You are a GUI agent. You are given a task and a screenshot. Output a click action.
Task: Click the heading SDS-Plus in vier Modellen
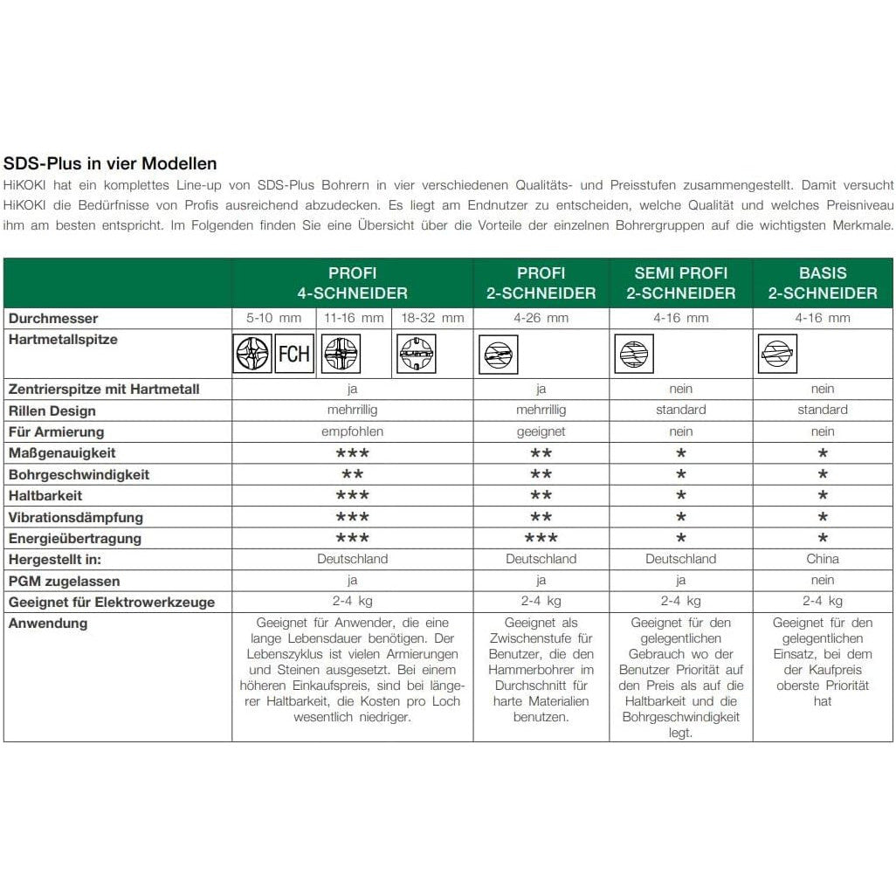click(110, 163)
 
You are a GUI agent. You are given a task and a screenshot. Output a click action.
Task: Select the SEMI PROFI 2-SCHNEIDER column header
click(680, 283)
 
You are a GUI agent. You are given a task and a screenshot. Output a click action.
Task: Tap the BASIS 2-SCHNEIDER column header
click(823, 283)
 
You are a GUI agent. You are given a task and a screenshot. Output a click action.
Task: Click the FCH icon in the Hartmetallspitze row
click(294, 354)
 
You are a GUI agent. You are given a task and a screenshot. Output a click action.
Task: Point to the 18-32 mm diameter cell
click(432, 318)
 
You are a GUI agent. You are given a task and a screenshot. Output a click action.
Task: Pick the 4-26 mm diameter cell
click(541, 318)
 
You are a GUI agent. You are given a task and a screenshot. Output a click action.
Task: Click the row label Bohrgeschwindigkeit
click(79, 475)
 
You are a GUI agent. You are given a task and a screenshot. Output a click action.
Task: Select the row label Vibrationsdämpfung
click(76, 518)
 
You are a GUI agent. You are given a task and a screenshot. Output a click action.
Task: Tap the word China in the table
click(823, 559)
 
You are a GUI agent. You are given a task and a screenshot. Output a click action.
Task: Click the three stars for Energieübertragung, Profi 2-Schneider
click(541, 539)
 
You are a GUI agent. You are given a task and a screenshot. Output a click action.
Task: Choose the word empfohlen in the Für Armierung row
click(353, 431)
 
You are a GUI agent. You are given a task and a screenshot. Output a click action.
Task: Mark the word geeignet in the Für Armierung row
click(541, 431)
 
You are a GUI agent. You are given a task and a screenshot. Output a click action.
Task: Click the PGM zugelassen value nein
click(823, 581)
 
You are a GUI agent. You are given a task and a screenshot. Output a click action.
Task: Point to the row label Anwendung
click(48, 624)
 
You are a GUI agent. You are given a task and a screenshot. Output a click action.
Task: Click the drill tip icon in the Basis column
click(777, 354)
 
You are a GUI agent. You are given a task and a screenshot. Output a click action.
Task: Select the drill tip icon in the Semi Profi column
click(635, 354)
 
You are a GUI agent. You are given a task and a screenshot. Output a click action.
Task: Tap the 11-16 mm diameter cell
click(353, 318)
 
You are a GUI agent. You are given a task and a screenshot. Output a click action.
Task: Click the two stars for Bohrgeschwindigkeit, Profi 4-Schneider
click(353, 475)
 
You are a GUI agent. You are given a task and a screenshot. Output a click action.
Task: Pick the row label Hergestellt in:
click(61, 560)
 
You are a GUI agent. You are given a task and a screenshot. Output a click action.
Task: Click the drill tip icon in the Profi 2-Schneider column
click(499, 355)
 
